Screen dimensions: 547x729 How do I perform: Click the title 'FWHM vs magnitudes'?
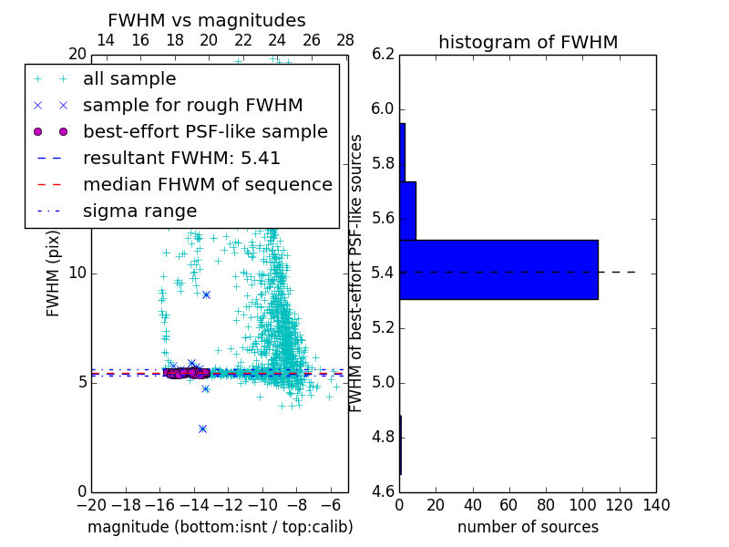point(207,20)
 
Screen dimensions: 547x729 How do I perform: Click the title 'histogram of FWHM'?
point(528,42)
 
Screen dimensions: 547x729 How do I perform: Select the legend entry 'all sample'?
point(129,79)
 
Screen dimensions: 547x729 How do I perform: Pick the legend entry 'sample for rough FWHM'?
point(192,105)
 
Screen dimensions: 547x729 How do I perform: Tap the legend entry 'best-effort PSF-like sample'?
point(205,131)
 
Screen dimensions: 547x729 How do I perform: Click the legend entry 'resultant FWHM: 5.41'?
point(181,158)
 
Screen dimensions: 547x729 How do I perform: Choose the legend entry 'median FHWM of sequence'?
point(207,184)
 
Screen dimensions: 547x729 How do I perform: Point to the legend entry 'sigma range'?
point(139,211)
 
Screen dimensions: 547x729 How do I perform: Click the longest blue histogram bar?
point(498,269)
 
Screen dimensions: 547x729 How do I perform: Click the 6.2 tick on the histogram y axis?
point(383,55)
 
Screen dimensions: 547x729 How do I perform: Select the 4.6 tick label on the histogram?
point(383,491)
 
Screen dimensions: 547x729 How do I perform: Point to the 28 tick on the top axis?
point(345,40)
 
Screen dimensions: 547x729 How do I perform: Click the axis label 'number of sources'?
point(528,527)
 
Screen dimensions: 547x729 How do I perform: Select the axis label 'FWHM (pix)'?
point(54,273)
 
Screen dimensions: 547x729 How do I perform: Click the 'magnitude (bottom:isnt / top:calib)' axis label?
point(220,527)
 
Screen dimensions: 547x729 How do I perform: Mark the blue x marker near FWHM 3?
point(202,428)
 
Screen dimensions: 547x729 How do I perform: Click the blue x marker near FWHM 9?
point(206,294)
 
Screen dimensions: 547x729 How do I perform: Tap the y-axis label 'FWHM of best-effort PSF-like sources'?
point(357,273)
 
